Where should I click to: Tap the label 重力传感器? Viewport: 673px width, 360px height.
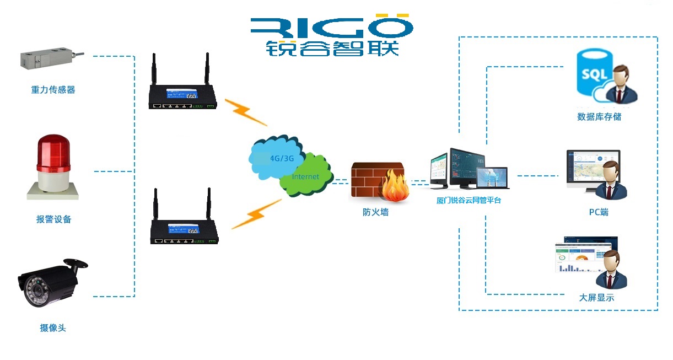coord(53,90)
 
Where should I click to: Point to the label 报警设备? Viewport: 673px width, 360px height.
coord(54,219)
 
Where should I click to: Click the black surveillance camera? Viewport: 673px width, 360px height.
coord(50,281)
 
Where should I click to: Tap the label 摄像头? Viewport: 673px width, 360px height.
coord(53,328)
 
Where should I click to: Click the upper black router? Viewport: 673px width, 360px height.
coord(182,94)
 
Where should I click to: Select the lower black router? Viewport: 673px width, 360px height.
coord(182,229)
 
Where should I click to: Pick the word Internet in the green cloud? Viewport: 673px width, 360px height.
coord(305,177)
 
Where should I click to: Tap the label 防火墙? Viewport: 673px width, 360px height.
coord(375,212)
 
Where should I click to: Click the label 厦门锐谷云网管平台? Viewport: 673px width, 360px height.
coord(469,201)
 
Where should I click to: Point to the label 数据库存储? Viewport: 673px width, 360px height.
coord(599,117)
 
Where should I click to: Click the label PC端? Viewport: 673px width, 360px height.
coord(599,212)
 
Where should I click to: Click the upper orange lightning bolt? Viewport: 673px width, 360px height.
coord(246,113)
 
